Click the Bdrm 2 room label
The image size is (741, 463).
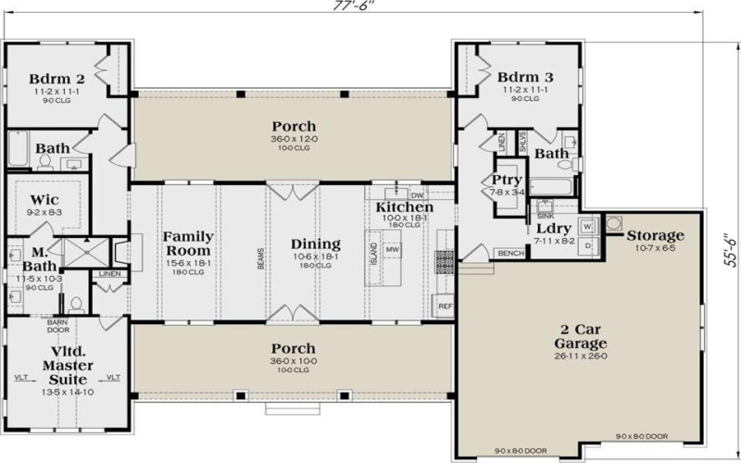point(44,77)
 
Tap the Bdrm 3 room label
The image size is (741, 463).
point(525,77)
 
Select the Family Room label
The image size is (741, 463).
point(188,244)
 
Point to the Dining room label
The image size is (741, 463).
point(316,244)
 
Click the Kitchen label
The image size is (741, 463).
point(404,207)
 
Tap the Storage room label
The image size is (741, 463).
point(655,235)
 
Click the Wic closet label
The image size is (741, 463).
point(44,199)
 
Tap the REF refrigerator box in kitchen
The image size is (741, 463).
point(444,305)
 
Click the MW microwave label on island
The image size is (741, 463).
point(393,250)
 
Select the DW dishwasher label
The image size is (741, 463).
point(417,195)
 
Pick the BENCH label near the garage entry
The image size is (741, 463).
point(509,253)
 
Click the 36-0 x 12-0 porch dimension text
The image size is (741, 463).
point(294,141)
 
